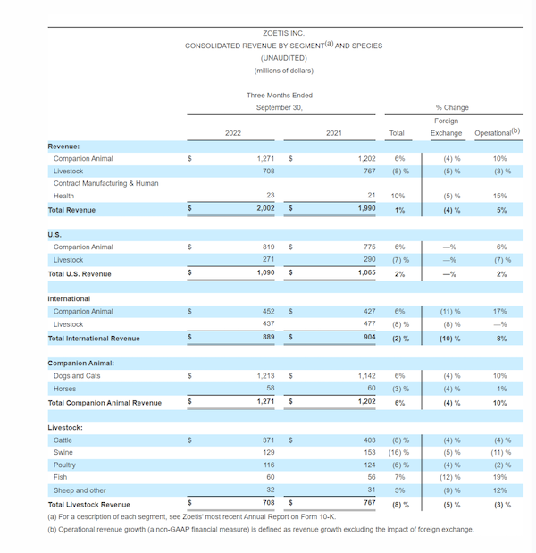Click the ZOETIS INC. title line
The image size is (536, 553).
pos(283,33)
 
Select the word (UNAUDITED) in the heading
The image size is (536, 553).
pos(283,58)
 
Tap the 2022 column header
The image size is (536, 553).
pos(233,133)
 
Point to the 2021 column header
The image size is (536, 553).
pos(333,133)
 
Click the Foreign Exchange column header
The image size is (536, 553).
pos(446,127)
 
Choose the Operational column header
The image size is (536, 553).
pos(498,132)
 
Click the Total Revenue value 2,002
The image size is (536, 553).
pos(265,208)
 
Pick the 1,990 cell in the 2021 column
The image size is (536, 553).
pos(366,208)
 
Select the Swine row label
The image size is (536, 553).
pos(63,452)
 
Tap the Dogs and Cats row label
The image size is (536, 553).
pos(77,376)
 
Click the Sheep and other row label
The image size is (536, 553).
pos(80,490)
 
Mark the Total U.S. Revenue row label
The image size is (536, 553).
pos(80,274)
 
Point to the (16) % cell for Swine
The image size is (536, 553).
pos(398,452)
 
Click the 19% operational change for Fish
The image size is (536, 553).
pos(499,477)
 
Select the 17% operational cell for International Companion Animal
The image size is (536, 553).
pos(499,312)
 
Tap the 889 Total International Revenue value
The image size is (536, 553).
pos(268,337)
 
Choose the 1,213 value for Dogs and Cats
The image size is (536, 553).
pos(265,376)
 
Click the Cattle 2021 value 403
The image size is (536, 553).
pos(370,440)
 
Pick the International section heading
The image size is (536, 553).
pos(69,298)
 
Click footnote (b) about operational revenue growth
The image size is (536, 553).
pos(261,530)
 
